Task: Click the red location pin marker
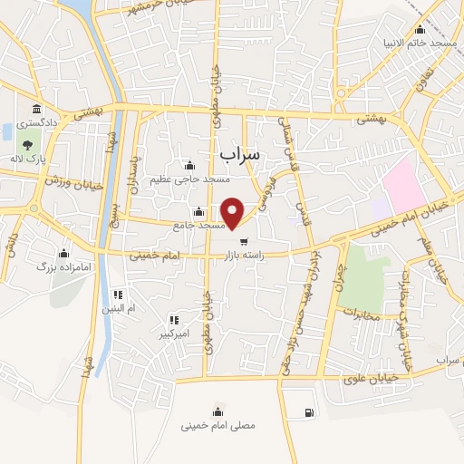point(234,213)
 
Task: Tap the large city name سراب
point(239,154)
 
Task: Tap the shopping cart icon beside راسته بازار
point(244,241)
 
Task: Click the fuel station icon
point(310,413)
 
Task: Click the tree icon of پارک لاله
point(27,143)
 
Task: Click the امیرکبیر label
point(174,333)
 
